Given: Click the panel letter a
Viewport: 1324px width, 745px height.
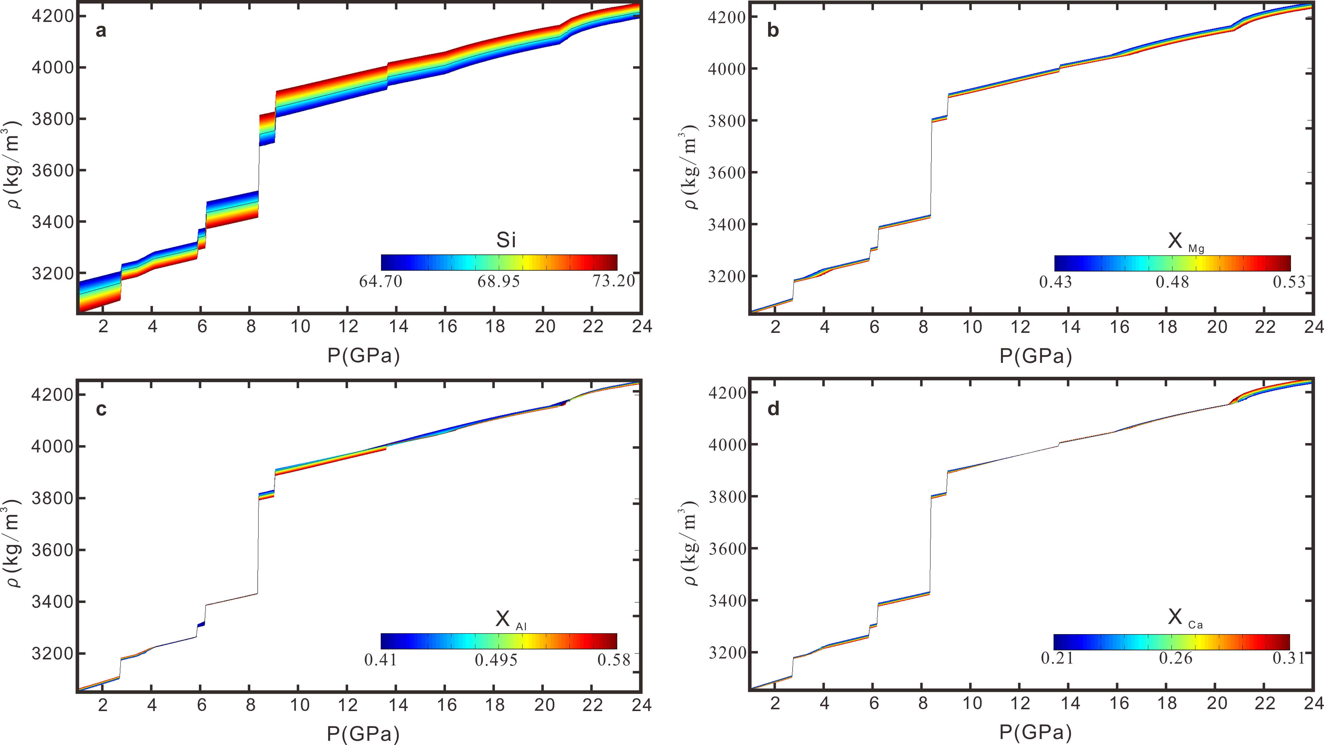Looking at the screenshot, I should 101,31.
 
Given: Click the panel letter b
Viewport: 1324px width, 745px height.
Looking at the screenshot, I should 773,31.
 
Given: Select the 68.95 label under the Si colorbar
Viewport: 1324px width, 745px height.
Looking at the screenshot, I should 499,281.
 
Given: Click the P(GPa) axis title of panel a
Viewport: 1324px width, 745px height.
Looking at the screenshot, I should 363,356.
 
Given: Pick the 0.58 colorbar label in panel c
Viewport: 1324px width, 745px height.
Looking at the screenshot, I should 614,660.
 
